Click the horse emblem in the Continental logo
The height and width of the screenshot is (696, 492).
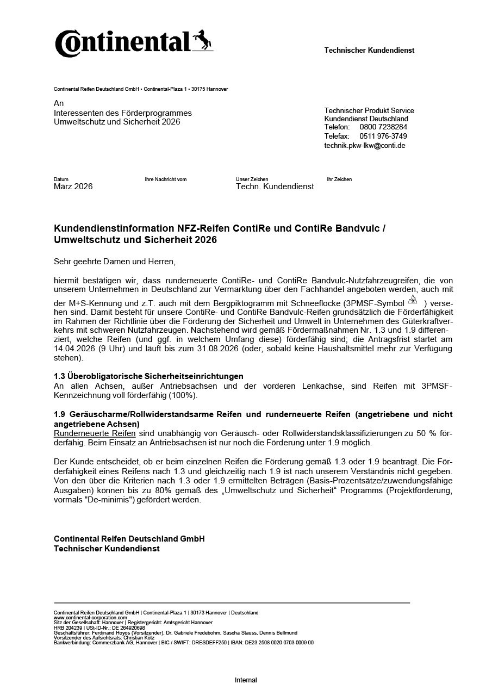202,40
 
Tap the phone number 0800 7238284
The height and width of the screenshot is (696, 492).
383,127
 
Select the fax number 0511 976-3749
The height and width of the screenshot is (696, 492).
383,136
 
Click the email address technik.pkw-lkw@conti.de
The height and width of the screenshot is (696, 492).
365,146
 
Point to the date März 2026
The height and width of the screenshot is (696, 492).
73,187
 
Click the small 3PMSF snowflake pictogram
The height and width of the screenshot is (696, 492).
412,301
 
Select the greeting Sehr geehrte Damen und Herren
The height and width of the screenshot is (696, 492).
115,262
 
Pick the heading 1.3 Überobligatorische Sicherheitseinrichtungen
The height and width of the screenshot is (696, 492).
148,376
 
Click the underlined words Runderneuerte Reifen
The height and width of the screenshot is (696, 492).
95,433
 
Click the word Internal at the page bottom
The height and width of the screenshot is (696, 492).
246,680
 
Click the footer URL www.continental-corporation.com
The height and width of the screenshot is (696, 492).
90,618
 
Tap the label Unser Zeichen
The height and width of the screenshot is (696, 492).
252,179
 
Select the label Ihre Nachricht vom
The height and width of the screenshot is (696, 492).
165,179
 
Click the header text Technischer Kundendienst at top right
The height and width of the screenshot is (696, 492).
369,51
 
